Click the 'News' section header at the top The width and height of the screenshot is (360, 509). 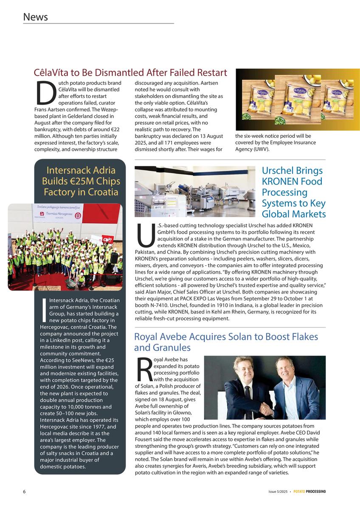(35, 17)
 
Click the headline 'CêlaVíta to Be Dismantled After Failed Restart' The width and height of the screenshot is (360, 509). (130, 73)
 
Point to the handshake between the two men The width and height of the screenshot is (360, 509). (267, 408)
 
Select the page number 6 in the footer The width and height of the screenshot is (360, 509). (25, 492)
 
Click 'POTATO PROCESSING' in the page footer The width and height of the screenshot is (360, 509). (309, 492)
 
